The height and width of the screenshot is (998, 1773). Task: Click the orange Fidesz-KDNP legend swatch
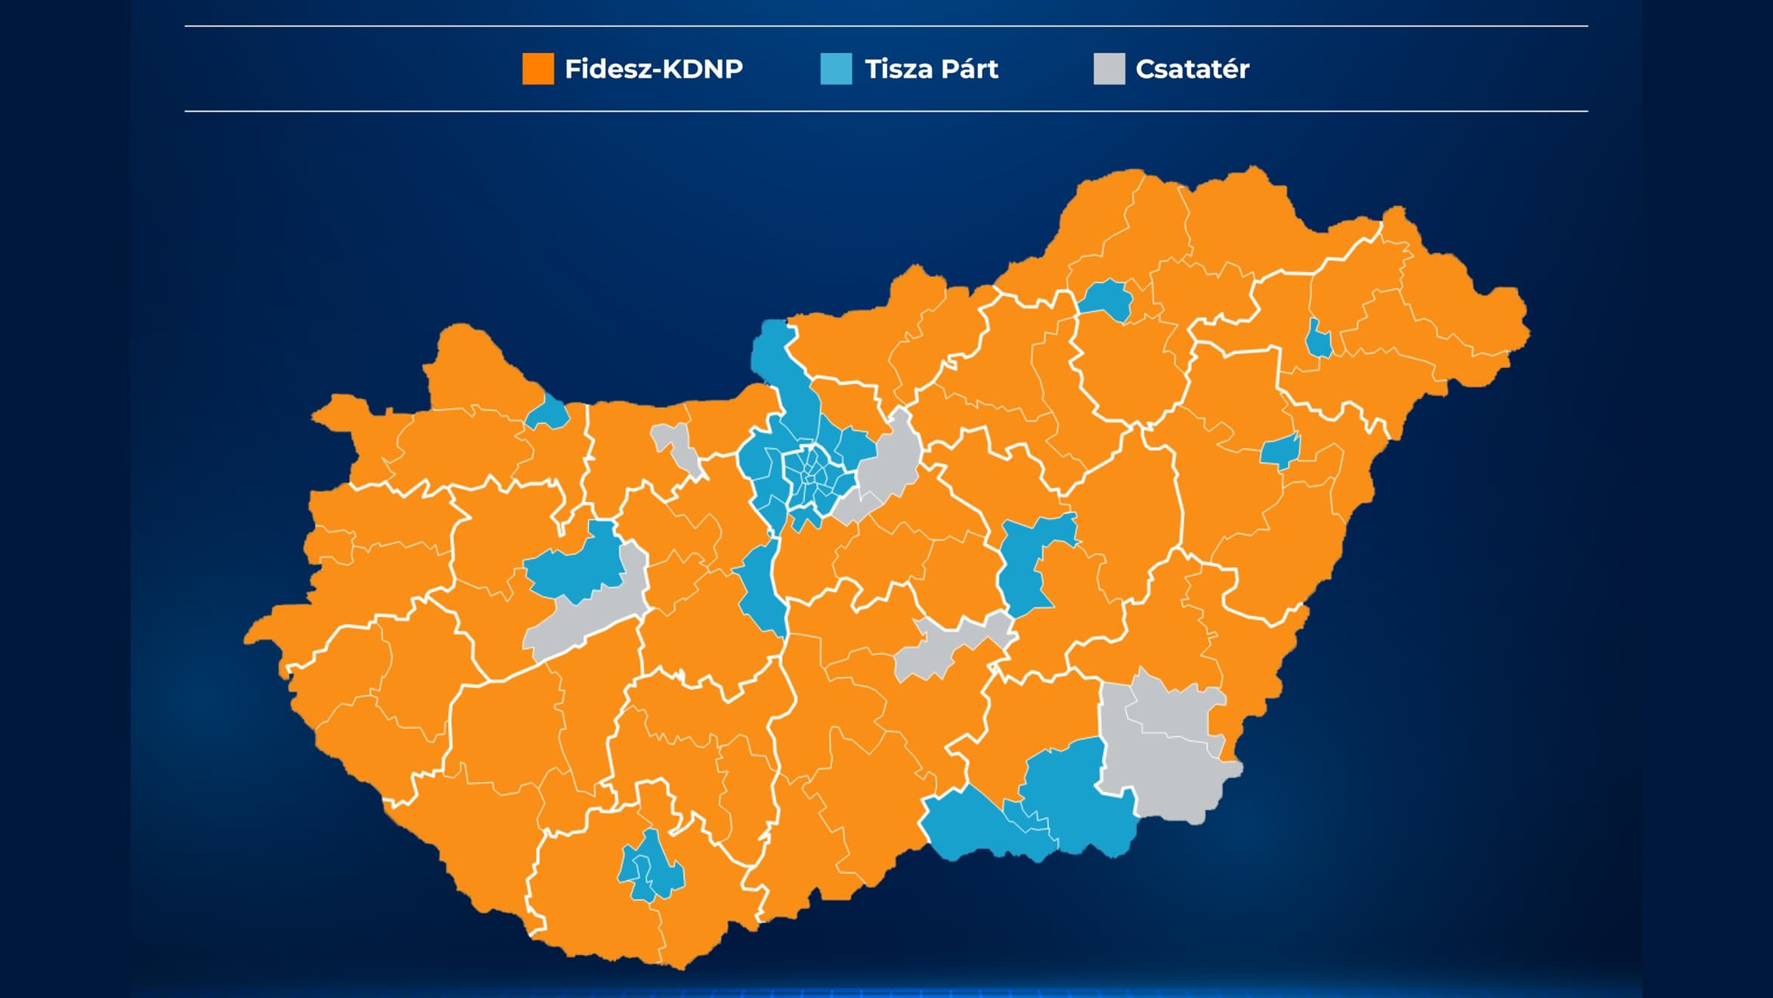pos(537,69)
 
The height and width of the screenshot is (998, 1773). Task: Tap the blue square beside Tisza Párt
pos(836,69)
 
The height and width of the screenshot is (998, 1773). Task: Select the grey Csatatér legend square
pos(1109,69)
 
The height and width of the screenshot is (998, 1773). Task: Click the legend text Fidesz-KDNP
pos(654,70)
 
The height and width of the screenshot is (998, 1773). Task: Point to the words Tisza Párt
pos(931,70)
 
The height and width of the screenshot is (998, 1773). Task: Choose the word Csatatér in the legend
pos(1192,70)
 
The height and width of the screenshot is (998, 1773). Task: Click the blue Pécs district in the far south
pos(651,869)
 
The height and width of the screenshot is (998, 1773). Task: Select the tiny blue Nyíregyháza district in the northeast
pos(1318,340)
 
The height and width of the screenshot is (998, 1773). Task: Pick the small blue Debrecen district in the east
pos(1279,451)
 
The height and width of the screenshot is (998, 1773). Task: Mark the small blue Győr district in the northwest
pos(548,414)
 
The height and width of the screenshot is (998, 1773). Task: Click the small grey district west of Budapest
pos(676,446)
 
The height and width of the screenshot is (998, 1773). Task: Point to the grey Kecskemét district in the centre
pos(945,646)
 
